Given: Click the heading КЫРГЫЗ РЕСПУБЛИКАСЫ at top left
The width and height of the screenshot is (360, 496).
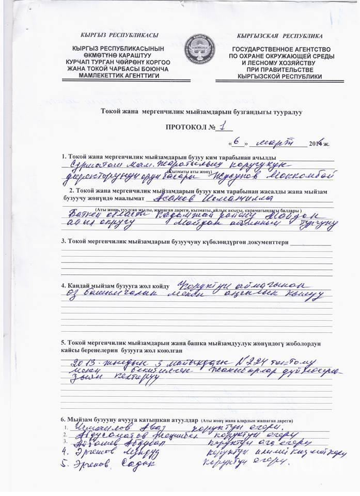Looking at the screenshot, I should click(x=119, y=35).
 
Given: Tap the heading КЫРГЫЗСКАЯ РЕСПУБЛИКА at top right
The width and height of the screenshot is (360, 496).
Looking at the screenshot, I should click(x=279, y=36).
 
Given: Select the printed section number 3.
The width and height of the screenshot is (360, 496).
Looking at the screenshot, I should click(x=63, y=241).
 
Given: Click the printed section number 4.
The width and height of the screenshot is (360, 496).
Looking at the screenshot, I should click(x=63, y=286).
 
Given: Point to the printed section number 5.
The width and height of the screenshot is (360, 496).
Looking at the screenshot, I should click(x=63, y=344).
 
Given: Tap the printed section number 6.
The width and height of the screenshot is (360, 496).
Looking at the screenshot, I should click(x=63, y=418).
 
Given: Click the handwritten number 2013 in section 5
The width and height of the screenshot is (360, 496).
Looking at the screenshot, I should click(x=85, y=363).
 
